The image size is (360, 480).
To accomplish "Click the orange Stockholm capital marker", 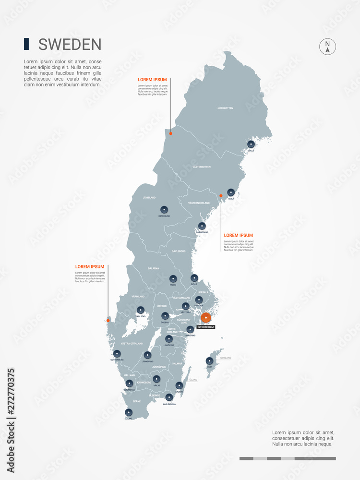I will [206, 318].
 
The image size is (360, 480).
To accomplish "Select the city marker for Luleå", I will [251, 144].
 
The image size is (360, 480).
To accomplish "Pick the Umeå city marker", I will [231, 192].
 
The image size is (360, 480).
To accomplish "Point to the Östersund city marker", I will [164, 209].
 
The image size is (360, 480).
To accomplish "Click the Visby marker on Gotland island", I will [209, 360].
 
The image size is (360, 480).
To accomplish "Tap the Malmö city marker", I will [128, 412].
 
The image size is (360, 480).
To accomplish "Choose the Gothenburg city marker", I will [117, 354].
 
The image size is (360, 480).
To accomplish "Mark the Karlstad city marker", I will [140, 310].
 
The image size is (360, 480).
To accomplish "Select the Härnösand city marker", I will [202, 226].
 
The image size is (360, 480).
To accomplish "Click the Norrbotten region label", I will [225, 108].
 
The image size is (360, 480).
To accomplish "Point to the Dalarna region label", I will [154, 268].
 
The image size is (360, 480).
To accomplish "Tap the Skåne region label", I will [137, 401].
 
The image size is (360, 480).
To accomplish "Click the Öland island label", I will [192, 380].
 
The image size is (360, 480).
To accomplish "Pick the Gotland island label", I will [226, 358].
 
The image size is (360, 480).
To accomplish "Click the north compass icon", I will [327, 47].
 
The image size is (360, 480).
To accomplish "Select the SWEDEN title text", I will [70, 45].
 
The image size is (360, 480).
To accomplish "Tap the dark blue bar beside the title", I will [26, 44].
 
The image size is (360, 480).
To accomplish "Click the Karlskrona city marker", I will [169, 397].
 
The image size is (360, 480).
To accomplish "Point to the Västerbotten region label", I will [202, 167].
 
